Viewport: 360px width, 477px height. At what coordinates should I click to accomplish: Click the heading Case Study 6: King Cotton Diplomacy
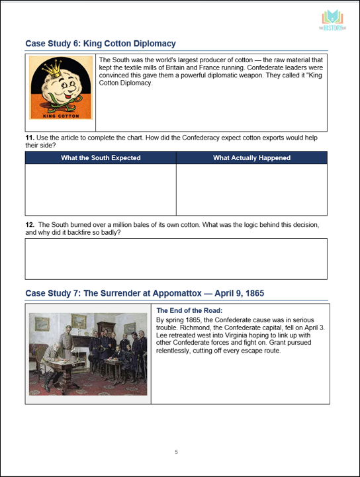tap(101, 44)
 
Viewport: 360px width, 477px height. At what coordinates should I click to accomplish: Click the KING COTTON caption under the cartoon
tap(60, 116)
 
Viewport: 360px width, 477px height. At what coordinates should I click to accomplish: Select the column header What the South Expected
tap(101, 157)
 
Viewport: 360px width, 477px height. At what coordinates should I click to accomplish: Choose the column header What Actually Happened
tap(251, 157)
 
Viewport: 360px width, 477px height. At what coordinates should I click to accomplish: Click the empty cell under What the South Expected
tap(101, 189)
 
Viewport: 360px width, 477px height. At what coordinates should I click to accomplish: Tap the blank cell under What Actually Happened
tap(251, 189)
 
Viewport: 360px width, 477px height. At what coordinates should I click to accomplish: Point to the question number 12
tap(29, 225)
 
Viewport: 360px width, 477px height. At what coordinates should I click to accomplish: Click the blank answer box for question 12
tap(176, 259)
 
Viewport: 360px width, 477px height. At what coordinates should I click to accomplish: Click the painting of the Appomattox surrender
tap(88, 353)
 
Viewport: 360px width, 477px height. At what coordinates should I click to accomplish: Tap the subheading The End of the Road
tap(189, 310)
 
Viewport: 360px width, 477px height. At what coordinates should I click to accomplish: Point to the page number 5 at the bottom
tap(176, 453)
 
